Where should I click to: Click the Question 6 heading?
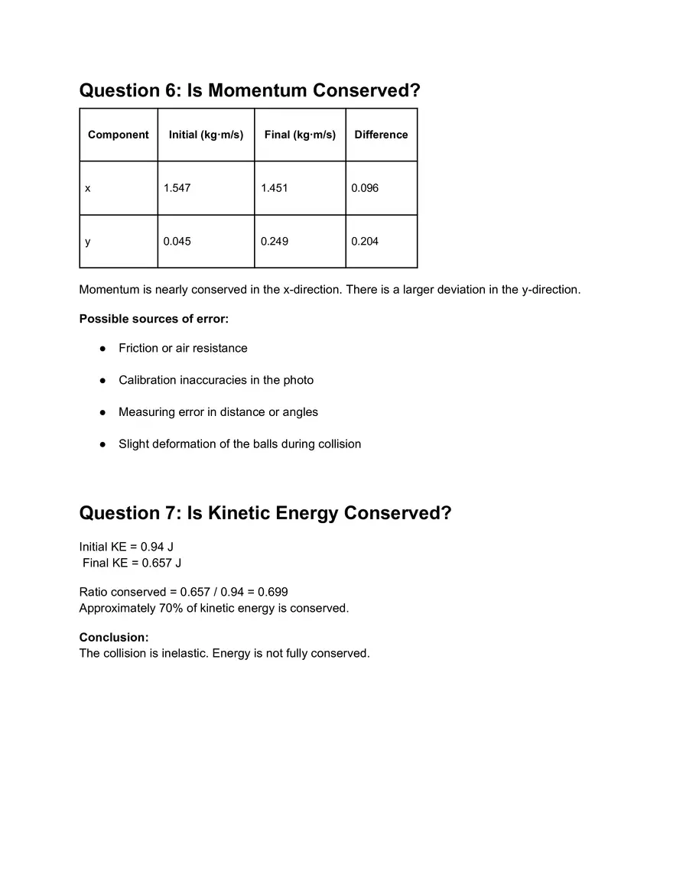pyautogui.click(x=250, y=90)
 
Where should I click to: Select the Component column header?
pyautogui.click(x=119, y=135)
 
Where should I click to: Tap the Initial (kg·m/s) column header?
pyautogui.click(x=206, y=135)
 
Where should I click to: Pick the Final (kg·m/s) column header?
pyautogui.click(x=300, y=135)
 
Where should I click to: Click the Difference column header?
pyautogui.click(x=381, y=135)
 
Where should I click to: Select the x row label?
pyautogui.click(x=88, y=188)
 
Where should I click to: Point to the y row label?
pyautogui.click(x=88, y=242)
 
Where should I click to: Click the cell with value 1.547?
pyautogui.click(x=177, y=188)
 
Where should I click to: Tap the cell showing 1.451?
pyautogui.click(x=275, y=188)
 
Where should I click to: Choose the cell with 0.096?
pyautogui.click(x=365, y=188)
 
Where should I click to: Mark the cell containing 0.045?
pyautogui.click(x=177, y=242)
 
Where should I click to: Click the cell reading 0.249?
pyautogui.click(x=275, y=242)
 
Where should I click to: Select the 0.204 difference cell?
pyautogui.click(x=365, y=242)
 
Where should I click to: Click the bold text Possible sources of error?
pyautogui.click(x=154, y=319)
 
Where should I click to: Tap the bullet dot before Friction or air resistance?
pyautogui.click(x=102, y=349)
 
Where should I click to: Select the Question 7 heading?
pyautogui.click(x=265, y=512)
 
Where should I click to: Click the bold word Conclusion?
pyautogui.click(x=113, y=637)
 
